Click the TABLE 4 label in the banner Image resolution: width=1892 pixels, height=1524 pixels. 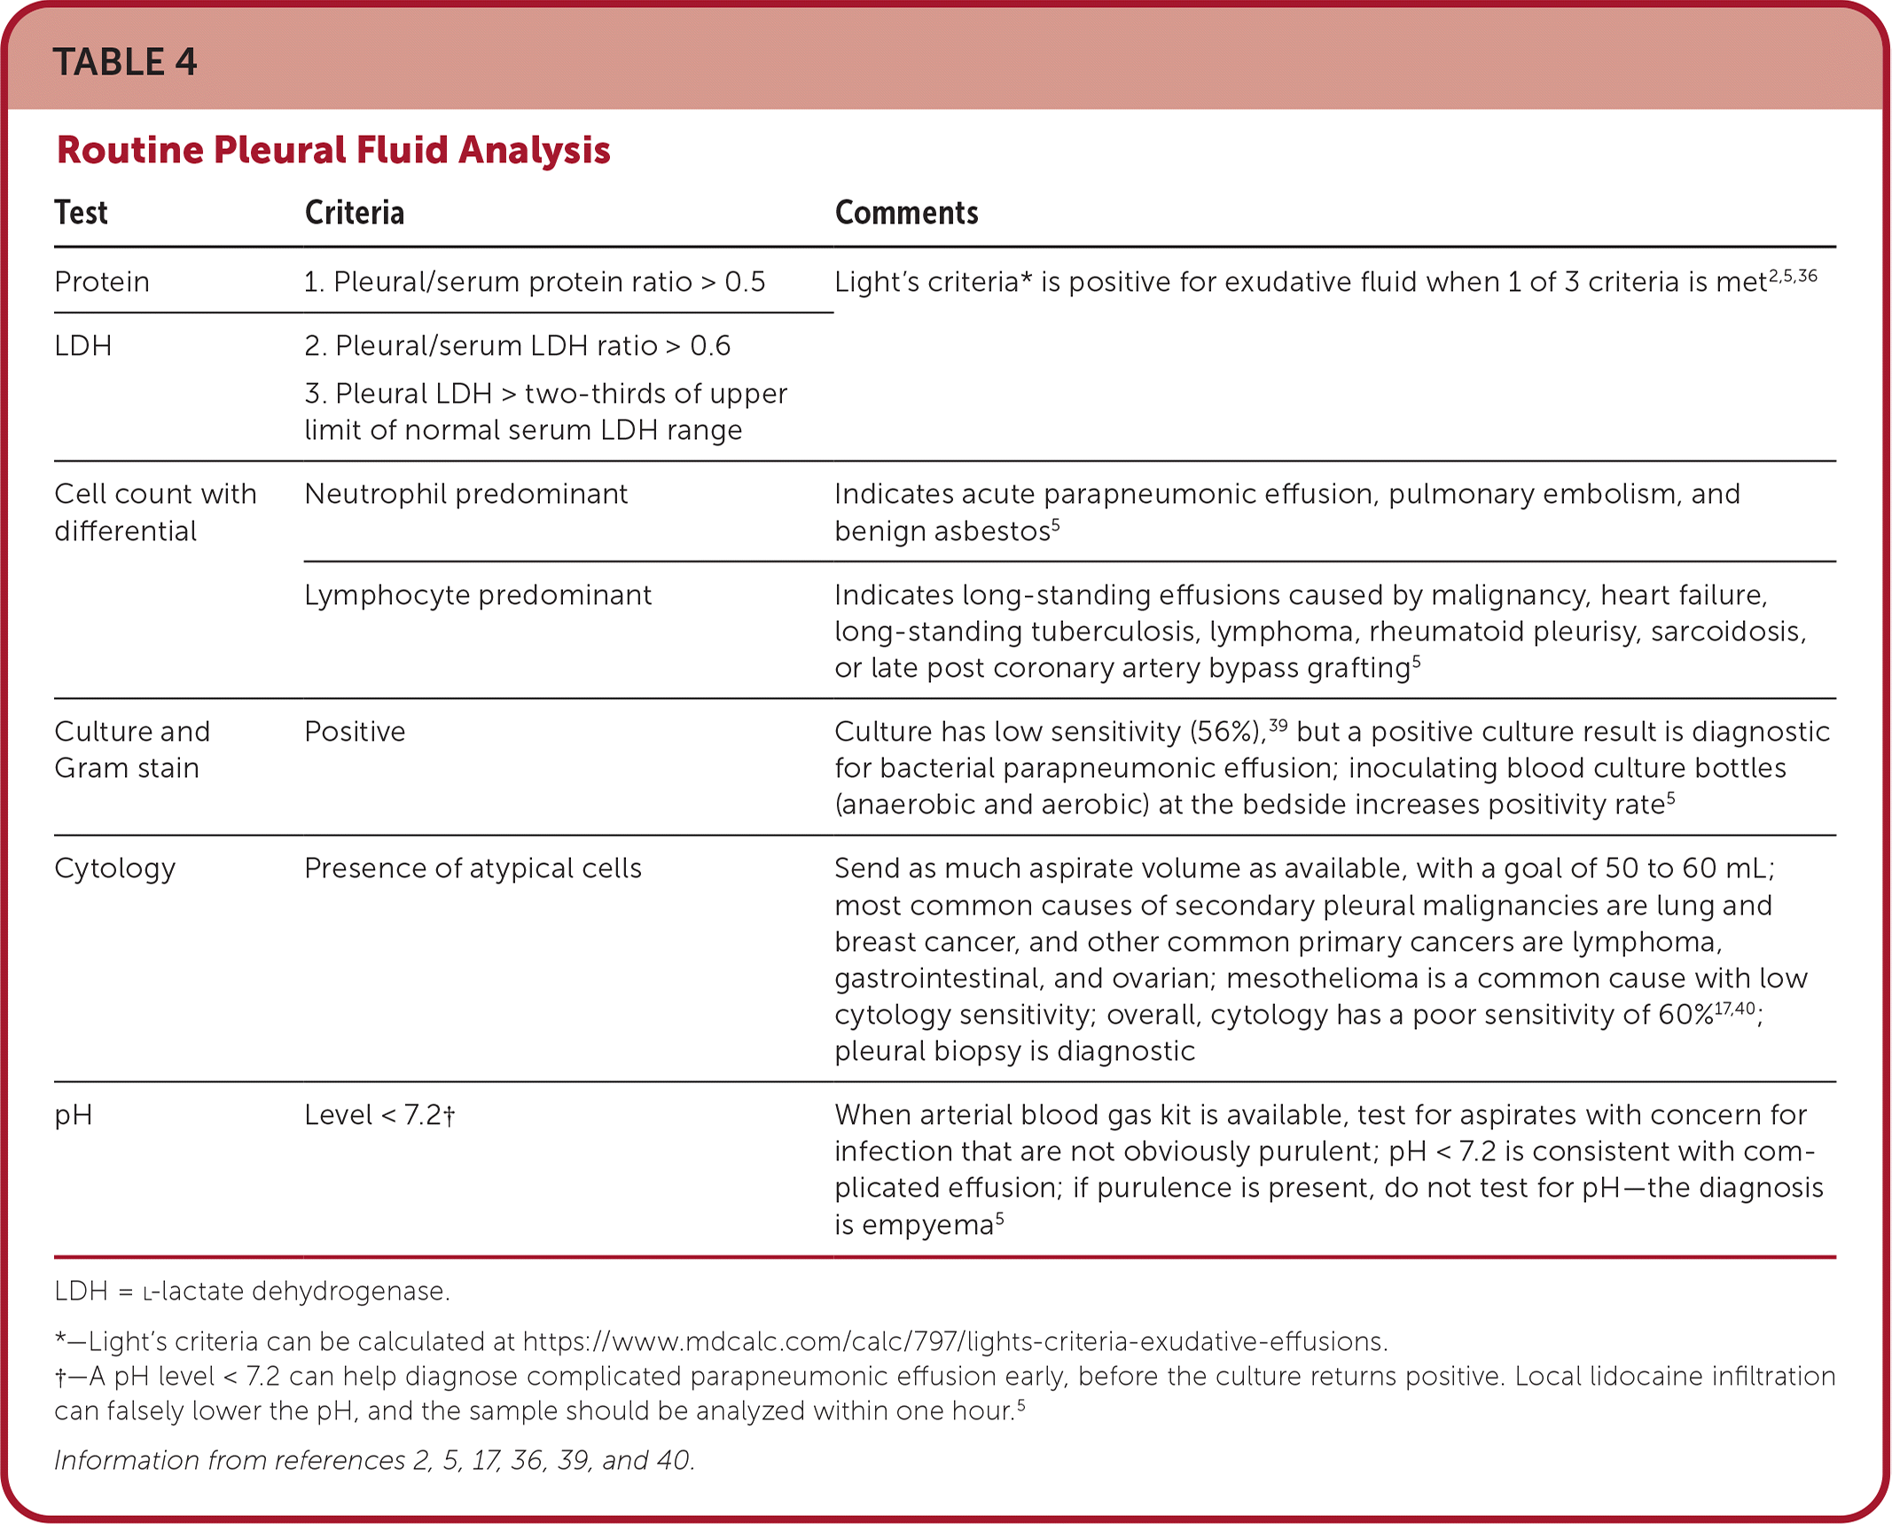[125, 62]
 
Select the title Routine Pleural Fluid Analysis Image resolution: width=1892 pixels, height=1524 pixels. [333, 150]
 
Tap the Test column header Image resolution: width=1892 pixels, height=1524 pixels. [81, 213]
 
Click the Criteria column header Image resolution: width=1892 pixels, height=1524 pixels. [355, 213]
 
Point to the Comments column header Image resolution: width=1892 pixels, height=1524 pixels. [906, 213]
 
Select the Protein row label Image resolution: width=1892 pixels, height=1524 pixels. [102, 282]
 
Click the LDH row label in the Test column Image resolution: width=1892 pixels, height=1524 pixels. [83, 346]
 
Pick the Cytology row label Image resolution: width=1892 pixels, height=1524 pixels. [115, 868]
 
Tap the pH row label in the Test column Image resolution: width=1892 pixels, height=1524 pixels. [74, 1115]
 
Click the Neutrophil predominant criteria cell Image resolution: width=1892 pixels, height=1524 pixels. [465, 494]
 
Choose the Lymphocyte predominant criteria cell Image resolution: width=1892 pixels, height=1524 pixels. [477, 595]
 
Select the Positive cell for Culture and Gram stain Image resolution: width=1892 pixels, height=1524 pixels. [355, 732]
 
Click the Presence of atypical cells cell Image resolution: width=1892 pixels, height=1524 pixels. [473, 868]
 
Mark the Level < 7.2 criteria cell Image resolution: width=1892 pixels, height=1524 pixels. [379, 1115]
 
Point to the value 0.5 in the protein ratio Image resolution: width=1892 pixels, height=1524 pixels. [745, 282]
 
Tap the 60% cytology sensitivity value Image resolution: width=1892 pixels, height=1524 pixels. [1685, 1015]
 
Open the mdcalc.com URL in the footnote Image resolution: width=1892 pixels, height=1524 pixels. [954, 1341]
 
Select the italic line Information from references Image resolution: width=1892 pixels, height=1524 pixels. [374, 1460]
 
